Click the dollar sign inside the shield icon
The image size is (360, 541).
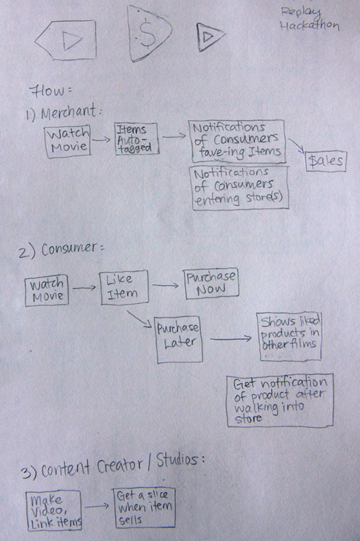pos(148,33)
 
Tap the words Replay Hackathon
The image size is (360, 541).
pos(310,19)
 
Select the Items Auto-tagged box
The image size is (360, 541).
pos(136,139)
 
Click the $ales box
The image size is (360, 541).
pos(326,161)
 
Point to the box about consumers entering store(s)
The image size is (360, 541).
pos(240,188)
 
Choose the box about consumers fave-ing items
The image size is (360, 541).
pos(237,141)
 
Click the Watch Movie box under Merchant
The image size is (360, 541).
pos(68,141)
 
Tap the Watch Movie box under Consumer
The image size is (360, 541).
pos(47,290)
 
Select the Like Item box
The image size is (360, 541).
pos(124,287)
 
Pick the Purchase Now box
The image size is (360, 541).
pos(211,283)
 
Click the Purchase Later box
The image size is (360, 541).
pos(179,339)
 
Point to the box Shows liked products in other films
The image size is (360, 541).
pos(289,336)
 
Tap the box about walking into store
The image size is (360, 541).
pos(279,401)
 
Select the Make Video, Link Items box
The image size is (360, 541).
pos(54,511)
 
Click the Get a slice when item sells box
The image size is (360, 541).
pos(144,507)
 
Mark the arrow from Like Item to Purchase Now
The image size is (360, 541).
pos(166,285)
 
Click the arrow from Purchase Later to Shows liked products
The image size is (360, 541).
pos(231,339)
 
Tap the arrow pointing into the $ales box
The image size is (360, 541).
pos(297,146)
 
